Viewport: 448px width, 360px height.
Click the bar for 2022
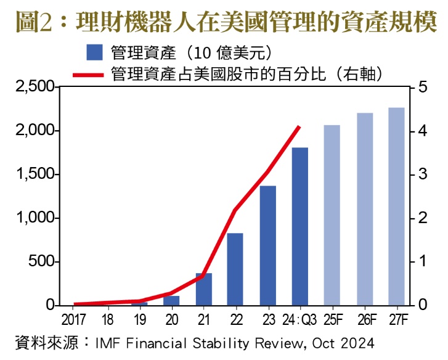pyautogui.click(x=235, y=269)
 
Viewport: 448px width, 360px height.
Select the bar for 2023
pyautogui.click(x=267, y=245)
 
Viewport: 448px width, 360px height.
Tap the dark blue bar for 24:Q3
pyautogui.click(x=300, y=226)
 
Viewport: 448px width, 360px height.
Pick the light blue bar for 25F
pyautogui.click(x=332, y=215)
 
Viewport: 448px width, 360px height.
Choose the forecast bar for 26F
pyautogui.click(x=364, y=209)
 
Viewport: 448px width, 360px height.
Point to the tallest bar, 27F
pyautogui.click(x=396, y=207)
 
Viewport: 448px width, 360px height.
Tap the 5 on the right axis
pyautogui.click(x=422, y=87)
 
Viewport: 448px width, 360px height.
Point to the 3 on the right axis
pyautogui.click(x=422, y=174)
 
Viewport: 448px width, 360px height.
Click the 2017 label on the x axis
pyautogui.click(x=74, y=321)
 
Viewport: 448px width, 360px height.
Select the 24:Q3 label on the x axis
pyautogui.click(x=300, y=321)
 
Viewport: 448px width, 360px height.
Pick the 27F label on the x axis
pyautogui.click(x=396, y=321)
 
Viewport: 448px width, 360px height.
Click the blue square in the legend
pyautogui.click(x=95, y=52)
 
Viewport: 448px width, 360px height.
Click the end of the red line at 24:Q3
pyautogui.click(x=299, y=126)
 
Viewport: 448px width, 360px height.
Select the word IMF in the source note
pyautogui.click(x=107, y=343)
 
